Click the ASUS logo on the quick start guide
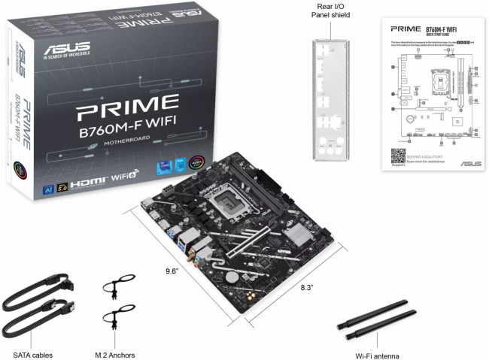(x=472, y=163)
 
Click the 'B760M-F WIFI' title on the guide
(x=443, y=28)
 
